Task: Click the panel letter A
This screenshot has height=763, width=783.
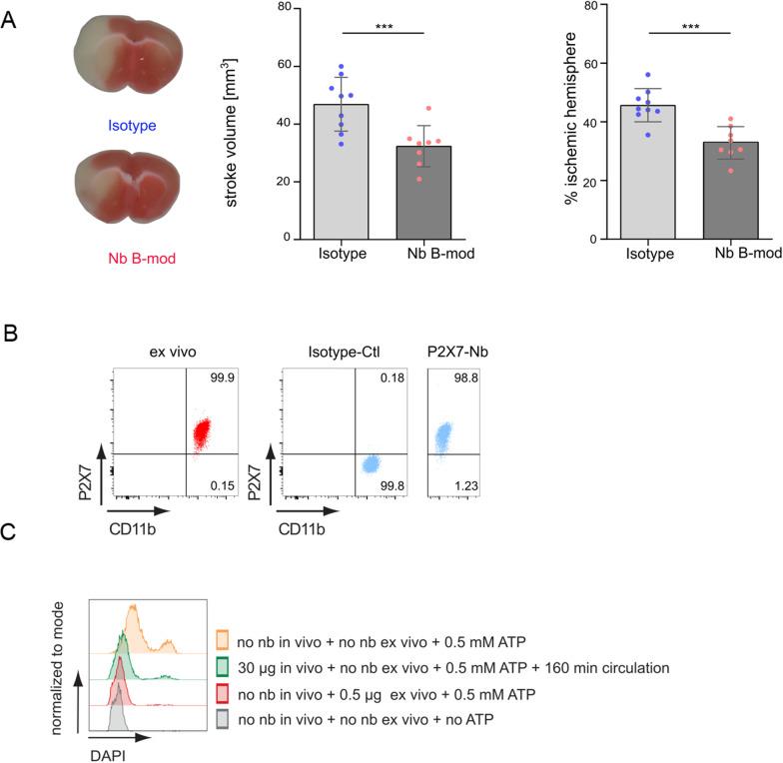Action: click(x=9, y=19)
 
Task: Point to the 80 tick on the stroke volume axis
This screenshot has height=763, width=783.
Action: click(x=258, y=7)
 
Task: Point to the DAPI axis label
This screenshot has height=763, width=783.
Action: click(x=108, y=755)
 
